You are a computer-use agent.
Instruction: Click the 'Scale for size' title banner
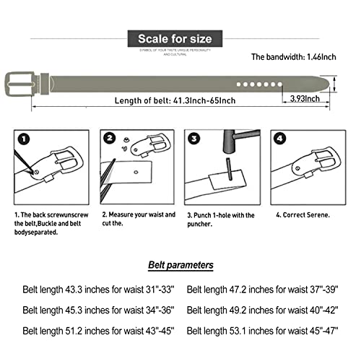(x=180, y=38)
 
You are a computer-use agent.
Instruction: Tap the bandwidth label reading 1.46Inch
(x=294, y=56)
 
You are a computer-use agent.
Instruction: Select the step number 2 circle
(x=110, y=139)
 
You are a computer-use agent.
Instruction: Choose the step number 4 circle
(x=279, y=139)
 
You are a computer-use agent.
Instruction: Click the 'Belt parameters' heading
(x=180, y=265)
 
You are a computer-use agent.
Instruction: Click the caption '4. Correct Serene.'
(x=303, y=214)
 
